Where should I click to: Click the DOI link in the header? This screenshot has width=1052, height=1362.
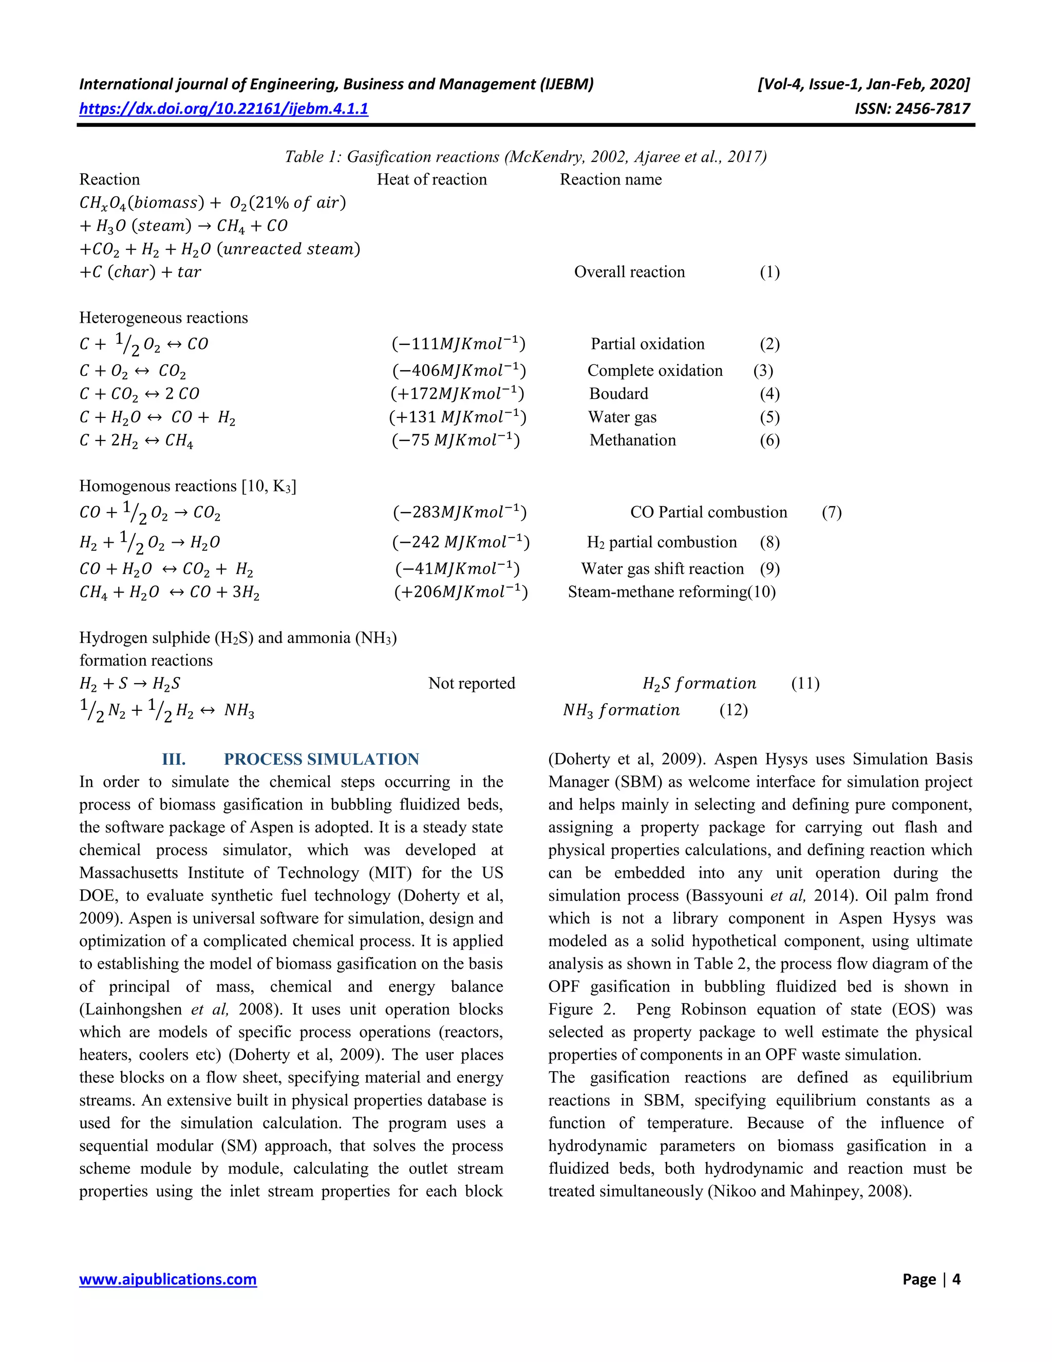coord(223,108)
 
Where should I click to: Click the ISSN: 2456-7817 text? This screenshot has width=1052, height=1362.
coord(912,108)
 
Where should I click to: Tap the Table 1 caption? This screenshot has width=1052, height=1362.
coord(525,157)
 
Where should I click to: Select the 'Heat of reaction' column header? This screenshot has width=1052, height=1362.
coord(432,179)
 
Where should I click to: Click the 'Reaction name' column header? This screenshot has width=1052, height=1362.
coord(610,179)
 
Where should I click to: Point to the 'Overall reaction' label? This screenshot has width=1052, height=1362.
coord(629,272)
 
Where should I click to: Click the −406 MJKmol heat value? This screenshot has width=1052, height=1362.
coord(459,371)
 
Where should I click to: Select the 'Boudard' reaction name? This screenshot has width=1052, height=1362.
coord(618,394)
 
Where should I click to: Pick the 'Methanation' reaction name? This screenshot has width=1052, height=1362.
coord(632,440)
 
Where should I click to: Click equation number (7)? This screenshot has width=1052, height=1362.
coord(832,512)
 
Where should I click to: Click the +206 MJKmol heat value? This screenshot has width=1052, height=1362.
coord(461,592)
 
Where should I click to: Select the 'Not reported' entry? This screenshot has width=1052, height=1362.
coord(471,684)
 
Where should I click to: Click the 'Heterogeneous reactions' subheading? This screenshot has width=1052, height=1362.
coord(163,318)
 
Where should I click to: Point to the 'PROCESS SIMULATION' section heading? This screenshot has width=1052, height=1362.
coord(321,759)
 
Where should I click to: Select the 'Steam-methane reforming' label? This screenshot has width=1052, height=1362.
coord(657,592)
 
